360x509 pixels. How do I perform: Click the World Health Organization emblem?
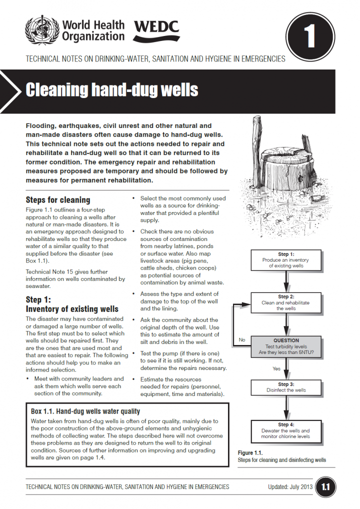pyautogui.click(x=42, y=29)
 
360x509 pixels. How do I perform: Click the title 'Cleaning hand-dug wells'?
pyautogui.click(x=112, y=89)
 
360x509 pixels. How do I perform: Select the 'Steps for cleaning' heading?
pyautogui.click(x=58, y=200)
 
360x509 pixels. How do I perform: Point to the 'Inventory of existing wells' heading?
pyautogui.click(x=72, y=308)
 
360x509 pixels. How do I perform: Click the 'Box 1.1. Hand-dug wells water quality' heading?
pyautogui.click(x=85, y=411)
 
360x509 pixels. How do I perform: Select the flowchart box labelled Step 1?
pyautogui.click(x=285, y=260)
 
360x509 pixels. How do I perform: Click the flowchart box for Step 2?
pyautogui.click(x=285, y=302)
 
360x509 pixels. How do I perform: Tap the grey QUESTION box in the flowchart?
pyautogui.click(x=285, y=346)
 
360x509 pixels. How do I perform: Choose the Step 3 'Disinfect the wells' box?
pyautogui.click(x=285, y=386)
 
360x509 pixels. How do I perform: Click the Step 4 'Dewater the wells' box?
pyautogui.click(x=285, y=430)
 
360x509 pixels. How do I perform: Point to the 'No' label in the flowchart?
pyautogui.click(x=242, y=339)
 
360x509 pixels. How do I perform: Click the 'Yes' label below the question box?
pyautogui.click(x=276, y=368)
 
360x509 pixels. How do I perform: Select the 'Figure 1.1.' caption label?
pyautogui.click(x=250, y=453)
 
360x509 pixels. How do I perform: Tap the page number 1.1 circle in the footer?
pyautogui.click(x=325, y=486)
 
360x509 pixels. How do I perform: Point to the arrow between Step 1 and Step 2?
pyautogui.click(x=285, y=281)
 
